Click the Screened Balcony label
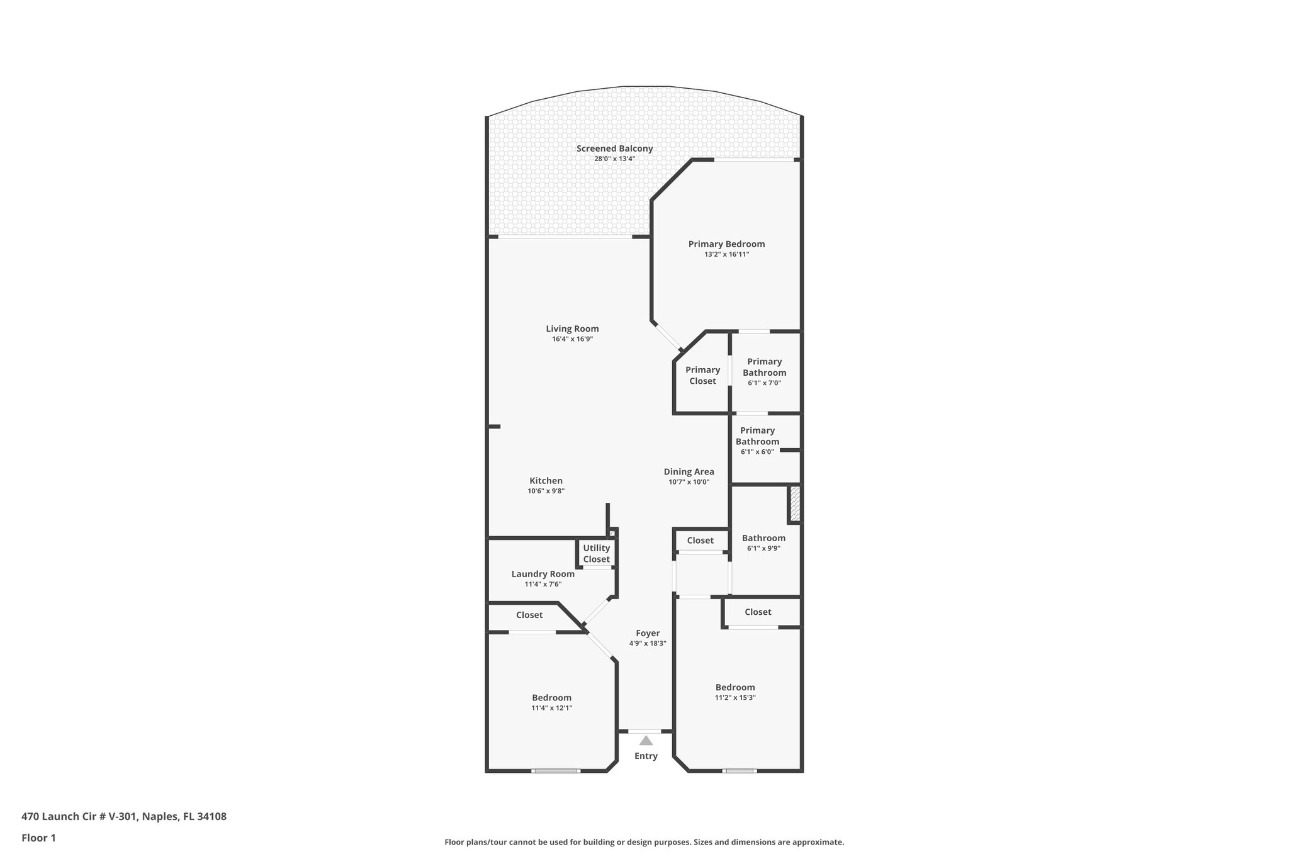[614, 149]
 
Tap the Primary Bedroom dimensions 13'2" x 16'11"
[726, 254]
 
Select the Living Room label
[572, 328]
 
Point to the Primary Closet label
[702, 375]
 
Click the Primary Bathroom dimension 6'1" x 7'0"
[764, 383]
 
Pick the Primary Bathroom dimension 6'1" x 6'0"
[757, 451]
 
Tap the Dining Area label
[689, 471]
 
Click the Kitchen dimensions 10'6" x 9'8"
[546, 491]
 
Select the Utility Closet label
[596, 553]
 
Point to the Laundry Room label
[543, 574]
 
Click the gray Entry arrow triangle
[646, 741]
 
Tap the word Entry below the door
[646, 756]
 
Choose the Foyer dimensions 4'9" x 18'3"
[647, 643]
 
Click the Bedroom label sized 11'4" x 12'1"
[551, 697]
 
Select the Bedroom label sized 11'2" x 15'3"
[735, 687]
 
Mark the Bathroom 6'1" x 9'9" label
[763, 538]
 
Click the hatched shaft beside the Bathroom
[795, 503]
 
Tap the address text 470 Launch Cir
[123, 817]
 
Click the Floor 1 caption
[38, 838]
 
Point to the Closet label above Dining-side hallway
[700, 541]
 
